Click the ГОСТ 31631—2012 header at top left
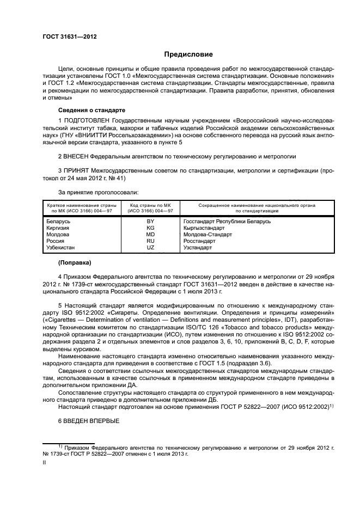(66, 36)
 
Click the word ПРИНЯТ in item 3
(77, 170)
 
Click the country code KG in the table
(150, 228)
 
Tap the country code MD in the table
(150, 235)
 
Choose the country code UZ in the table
(150, 248)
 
